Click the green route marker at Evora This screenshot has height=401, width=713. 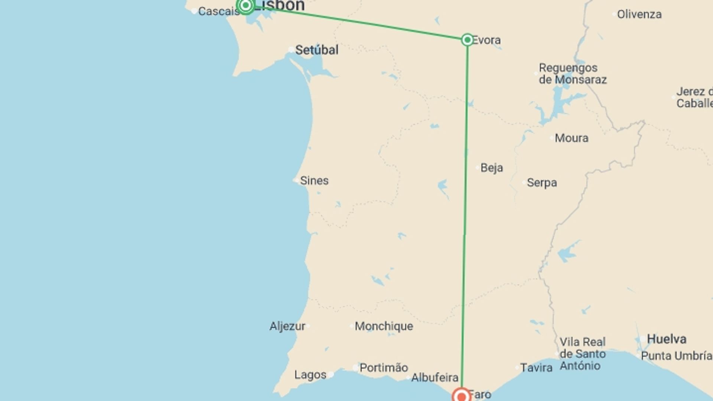point(467,40)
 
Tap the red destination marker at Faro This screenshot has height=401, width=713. point(462,396)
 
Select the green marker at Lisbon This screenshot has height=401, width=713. point(245,5)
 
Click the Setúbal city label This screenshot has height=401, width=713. point(316,50)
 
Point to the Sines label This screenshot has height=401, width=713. point(314,181)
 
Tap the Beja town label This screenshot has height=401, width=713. point(491,168)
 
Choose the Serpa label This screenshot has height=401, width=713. point(541,183)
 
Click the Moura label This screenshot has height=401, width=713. point(571,138)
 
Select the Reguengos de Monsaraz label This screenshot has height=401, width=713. point(572,74)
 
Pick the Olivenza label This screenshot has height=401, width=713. point(639,14)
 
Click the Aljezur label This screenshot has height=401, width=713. point(287,326)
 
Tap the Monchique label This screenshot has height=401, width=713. point(384,326)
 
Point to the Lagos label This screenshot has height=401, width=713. point(310,375)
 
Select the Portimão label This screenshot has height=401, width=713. point(384,368)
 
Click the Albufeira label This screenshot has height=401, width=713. point(434,378)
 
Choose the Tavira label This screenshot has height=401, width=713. point(536,368)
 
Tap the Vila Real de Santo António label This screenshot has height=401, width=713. point(582,353)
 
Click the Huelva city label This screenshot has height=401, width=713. point(666,339)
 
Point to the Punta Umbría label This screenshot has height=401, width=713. point(676,356)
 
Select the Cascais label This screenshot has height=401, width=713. point(219,12)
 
